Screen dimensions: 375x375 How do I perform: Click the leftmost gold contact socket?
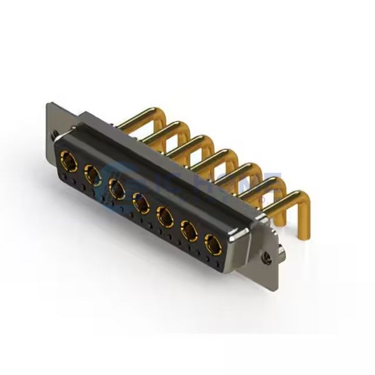coord(67,163)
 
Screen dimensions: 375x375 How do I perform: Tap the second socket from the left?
coord(91,174)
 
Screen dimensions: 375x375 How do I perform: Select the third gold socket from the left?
coord(115,186)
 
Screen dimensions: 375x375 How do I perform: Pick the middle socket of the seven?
coord(140,202)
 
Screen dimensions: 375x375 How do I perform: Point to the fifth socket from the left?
coord(164,216)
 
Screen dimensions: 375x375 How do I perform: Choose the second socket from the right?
coord(188,231)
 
